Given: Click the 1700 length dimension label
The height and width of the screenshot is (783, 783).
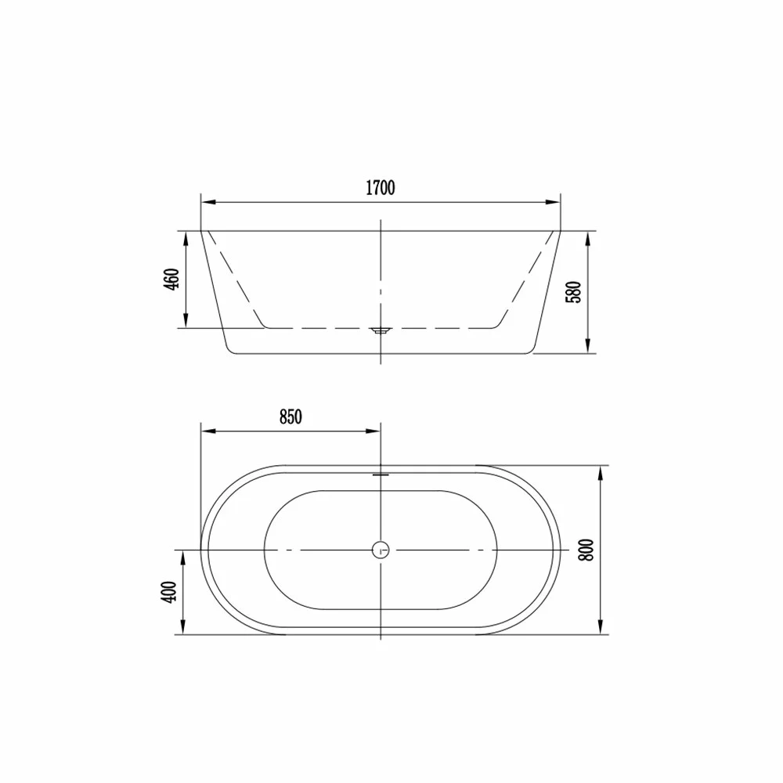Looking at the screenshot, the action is point(381,188).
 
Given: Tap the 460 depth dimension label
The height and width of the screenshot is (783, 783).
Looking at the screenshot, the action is point(171,280).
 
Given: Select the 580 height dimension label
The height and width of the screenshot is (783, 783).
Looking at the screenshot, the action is point(574,292).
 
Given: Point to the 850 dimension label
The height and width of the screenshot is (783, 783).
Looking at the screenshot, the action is point(290,417).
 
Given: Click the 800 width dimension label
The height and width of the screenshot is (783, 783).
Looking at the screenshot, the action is point(586,550).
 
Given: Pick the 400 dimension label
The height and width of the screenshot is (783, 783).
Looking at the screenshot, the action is point(170,592).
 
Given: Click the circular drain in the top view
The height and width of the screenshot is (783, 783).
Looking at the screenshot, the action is point(381,550).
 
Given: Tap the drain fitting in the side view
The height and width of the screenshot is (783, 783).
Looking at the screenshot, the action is point(381,330).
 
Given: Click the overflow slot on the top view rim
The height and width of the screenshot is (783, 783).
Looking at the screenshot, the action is point(381,474).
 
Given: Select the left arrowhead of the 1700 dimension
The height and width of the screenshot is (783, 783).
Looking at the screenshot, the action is point(208,202).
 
